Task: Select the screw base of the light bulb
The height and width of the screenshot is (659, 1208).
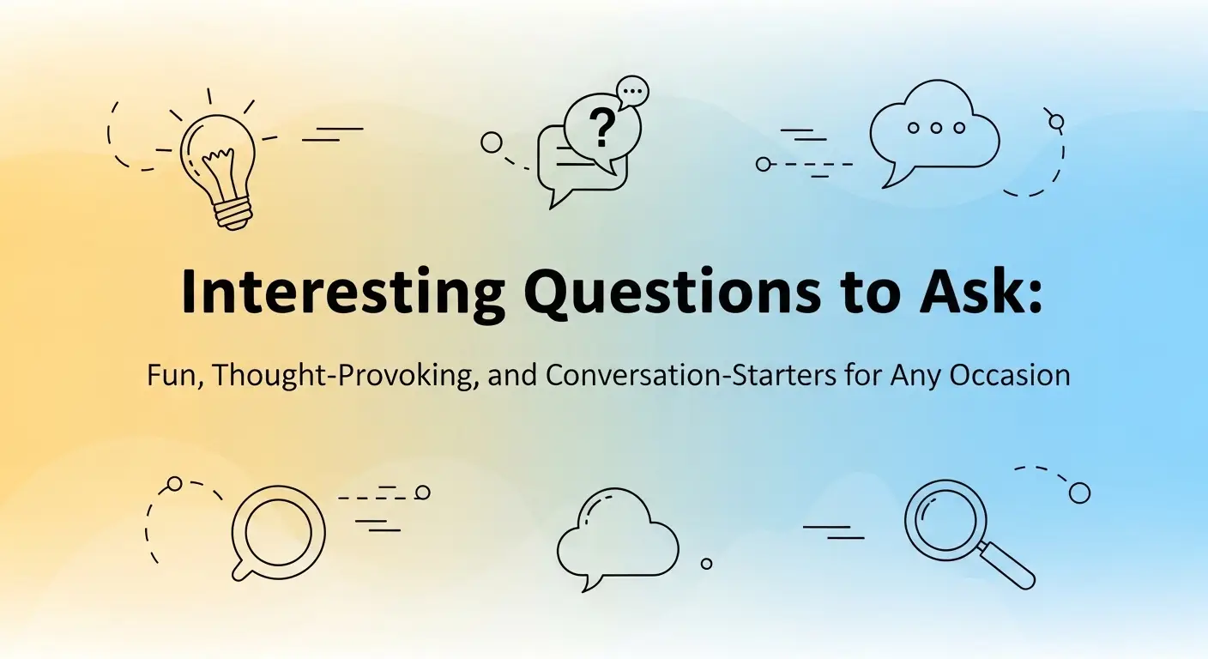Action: [x=232, y=209]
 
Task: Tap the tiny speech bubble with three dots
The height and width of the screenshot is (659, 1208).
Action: [x=633, y=90]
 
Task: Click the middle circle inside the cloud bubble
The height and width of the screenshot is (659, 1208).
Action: [x=936, y=128]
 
